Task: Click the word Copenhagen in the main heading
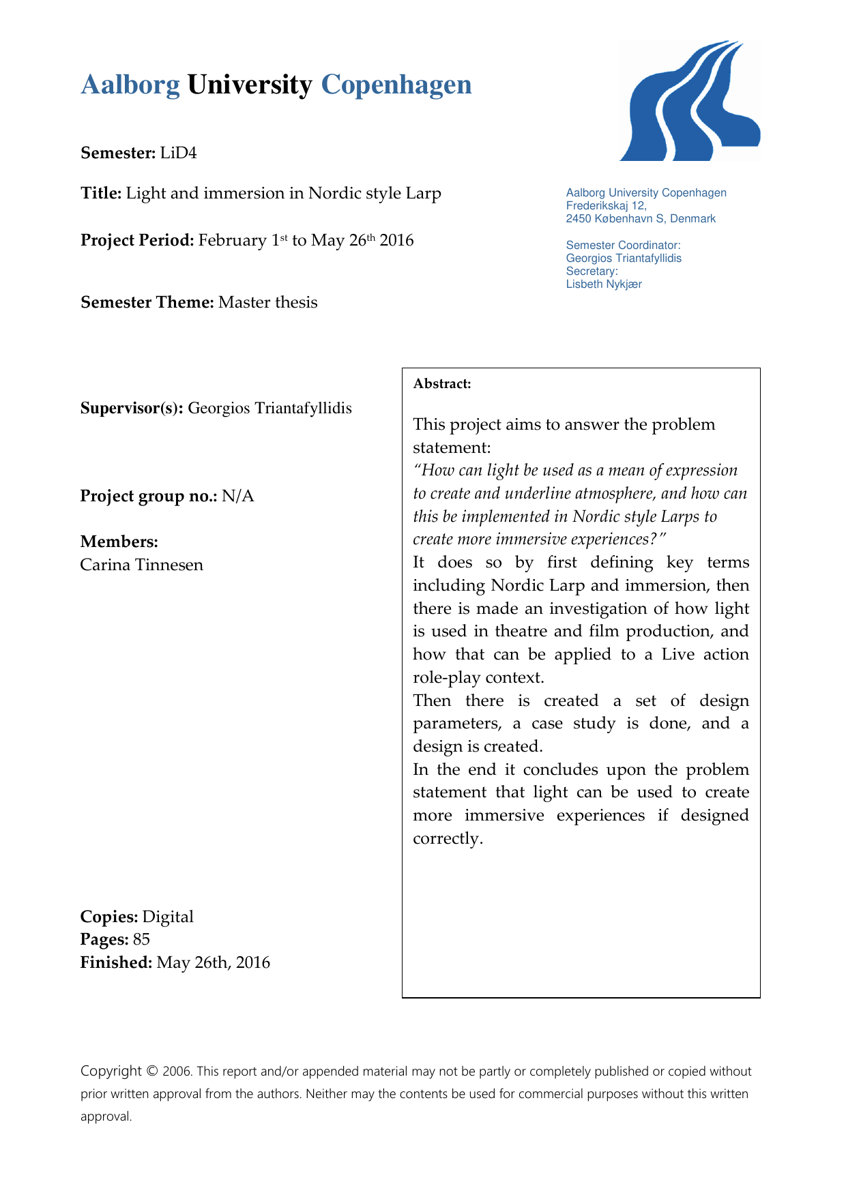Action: (396, 85)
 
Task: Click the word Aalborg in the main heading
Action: (130, 85)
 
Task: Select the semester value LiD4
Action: (178, 153)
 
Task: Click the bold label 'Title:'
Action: (101, 194)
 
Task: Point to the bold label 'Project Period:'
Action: (137, 241)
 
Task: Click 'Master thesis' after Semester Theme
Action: (267, 302)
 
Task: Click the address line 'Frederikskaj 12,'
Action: (606, 206)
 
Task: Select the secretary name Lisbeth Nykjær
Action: (603, 284)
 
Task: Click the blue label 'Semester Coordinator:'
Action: (623, 245)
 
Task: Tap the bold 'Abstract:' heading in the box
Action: (442, 384)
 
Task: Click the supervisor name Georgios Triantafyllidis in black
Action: (269, 409)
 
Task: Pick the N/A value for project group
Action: (237, 496)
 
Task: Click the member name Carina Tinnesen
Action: (141, 565)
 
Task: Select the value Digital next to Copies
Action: (168, 917)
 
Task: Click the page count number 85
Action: (141, 940)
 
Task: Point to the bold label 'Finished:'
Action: (116, 963)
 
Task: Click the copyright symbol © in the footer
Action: (152, 1072)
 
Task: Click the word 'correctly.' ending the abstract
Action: (448, 839)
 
